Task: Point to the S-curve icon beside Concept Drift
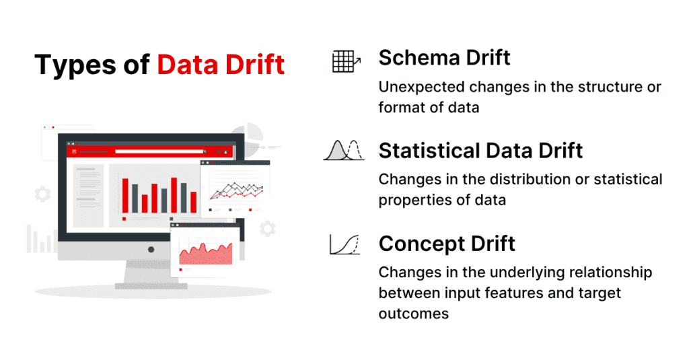click(x=345, y=244)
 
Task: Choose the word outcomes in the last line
click(x=413, y=314)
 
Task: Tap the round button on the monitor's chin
click(x=150, y=250)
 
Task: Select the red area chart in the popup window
click(x=206, y=254)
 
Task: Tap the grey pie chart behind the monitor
click(x=249, y=135)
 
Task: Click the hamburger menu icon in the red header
click(x=75, y=152)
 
